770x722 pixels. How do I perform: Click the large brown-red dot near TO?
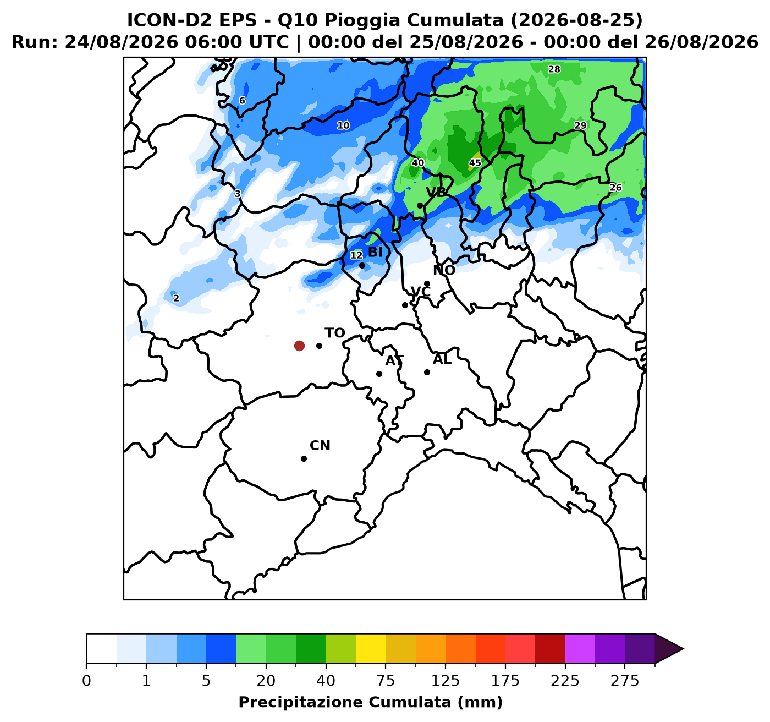point(299,346)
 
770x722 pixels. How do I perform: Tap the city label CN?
point(320,446)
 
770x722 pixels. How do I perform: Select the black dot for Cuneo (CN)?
point(304,458)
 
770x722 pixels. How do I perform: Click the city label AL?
point(442,360)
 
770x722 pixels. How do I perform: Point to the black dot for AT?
point(379,374)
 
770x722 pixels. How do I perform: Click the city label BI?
point(375,252)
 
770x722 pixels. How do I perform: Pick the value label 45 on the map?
point(475,163)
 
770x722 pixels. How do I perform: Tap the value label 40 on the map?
point(417,163)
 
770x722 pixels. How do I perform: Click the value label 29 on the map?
point(580,125)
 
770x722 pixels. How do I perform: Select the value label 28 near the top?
point(554,69)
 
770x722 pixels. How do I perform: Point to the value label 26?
point(615,188)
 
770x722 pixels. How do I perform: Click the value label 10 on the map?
point(343,125)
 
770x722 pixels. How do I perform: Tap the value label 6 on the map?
point(242,101)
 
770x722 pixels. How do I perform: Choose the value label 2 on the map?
point(176,298)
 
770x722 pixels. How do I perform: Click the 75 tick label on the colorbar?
point(386,681)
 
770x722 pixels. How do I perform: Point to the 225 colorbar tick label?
point(565,681)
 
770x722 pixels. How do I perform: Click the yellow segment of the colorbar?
point(371,649)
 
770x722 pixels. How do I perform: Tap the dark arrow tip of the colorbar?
point(683,649)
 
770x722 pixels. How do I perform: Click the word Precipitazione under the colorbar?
point(301,702)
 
